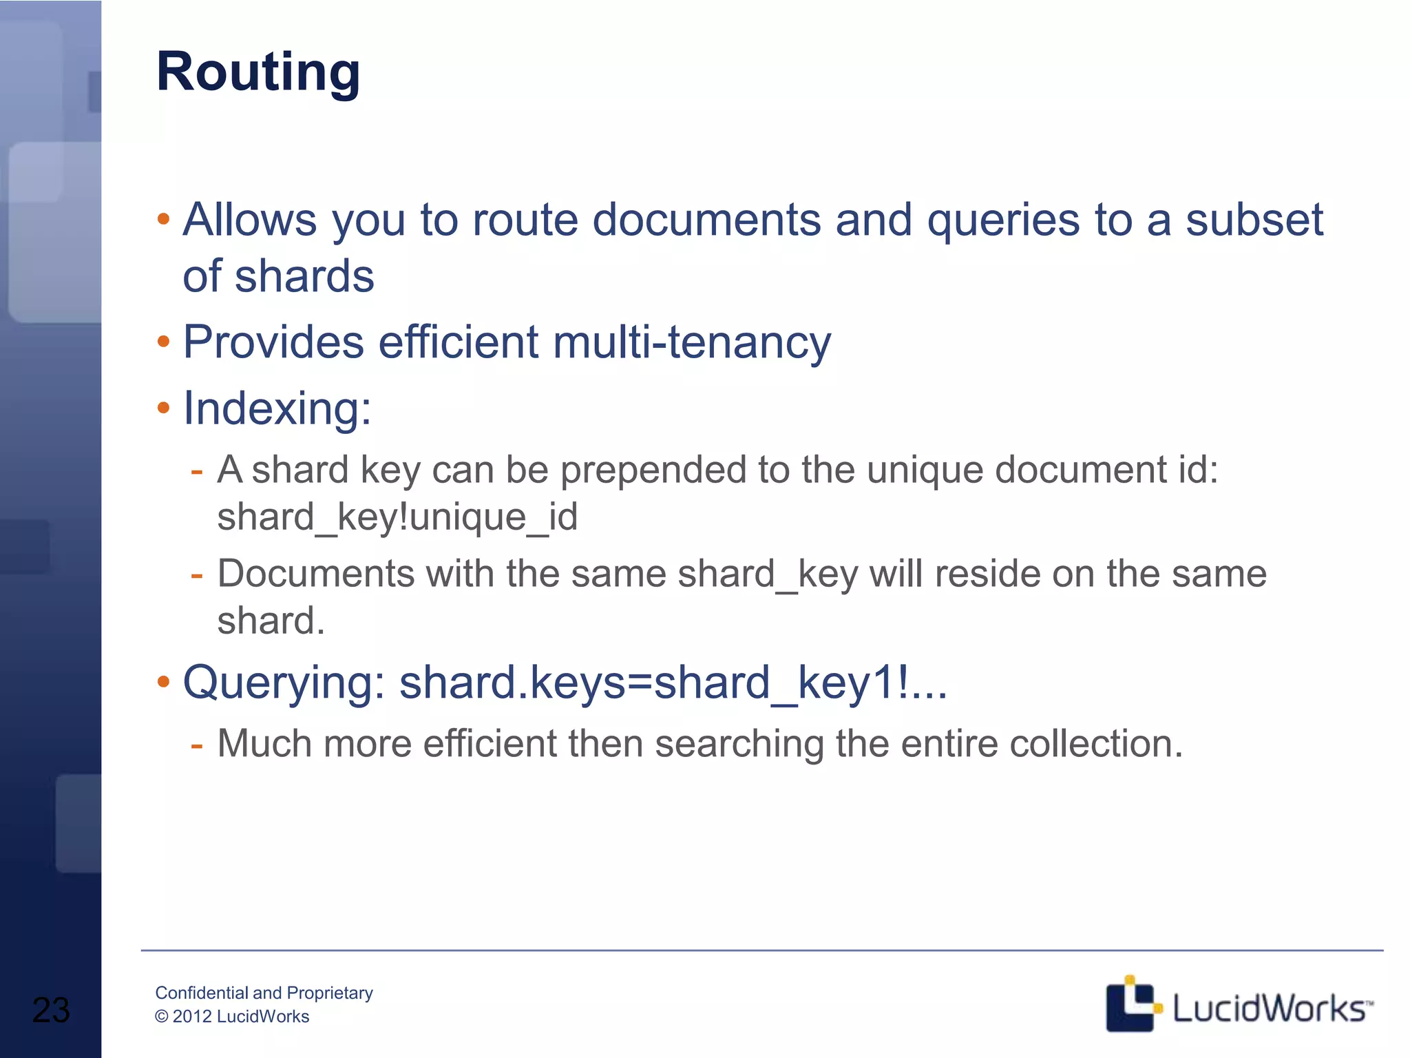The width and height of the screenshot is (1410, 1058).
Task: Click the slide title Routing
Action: coord(258,72)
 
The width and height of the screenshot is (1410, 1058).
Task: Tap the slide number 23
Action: coord(51,1010)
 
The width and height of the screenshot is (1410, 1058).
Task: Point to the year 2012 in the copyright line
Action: coord(192,1017)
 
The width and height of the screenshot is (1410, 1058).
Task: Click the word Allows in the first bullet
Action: coord(249,220)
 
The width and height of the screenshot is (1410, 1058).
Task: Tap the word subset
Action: coord(1254,220)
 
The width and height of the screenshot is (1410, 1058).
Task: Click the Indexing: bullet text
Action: coord(277,408)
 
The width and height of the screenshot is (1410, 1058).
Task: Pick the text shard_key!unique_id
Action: coord(397,517)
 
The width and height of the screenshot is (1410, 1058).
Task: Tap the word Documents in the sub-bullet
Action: coord(316,574)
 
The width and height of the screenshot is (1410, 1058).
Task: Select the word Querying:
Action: coord(284,683)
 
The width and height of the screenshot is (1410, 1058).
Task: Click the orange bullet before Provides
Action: coord(163,342)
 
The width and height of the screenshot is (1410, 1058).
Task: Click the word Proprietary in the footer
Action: coord(330,993)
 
